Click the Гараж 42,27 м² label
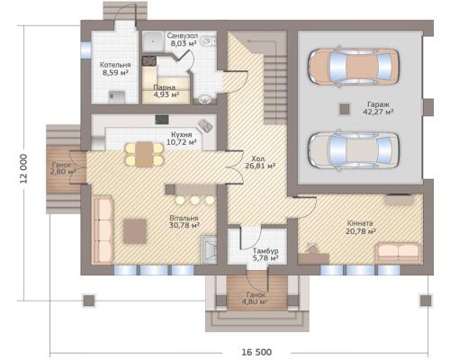378,108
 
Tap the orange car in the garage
354,67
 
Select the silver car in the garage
354,150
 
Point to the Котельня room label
115,65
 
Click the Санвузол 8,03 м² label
183,40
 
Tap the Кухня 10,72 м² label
182,138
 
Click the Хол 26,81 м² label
260,162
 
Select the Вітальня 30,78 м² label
184,221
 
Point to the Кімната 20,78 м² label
361,228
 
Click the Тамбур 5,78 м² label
265,254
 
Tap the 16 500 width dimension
256,352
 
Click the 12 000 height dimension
23,168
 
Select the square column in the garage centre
345,109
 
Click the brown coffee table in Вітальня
135,231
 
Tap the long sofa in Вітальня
103,229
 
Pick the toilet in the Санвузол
208,40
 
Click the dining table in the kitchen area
145,154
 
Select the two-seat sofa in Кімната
399,253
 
